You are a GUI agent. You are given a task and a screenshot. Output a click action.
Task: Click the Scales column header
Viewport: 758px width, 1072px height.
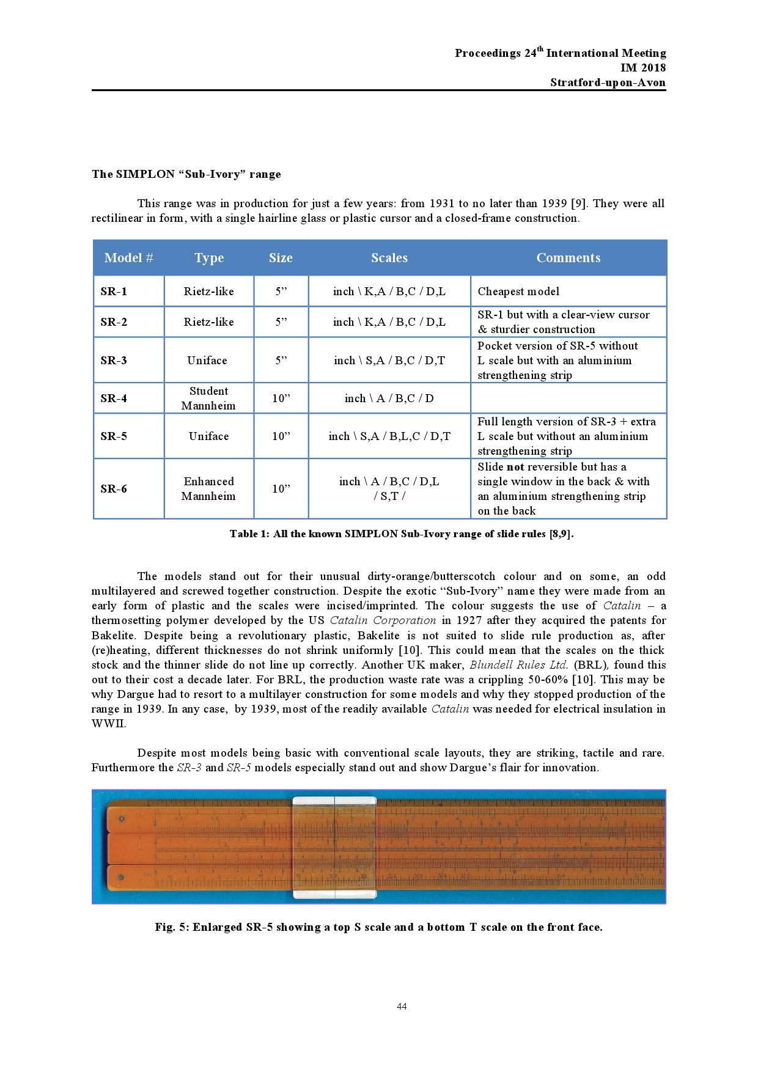(x=389, y=258)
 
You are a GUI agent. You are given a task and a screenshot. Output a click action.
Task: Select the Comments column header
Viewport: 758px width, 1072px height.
(x=568, y=258)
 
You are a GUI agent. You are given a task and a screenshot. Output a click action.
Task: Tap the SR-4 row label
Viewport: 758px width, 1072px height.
(x=114, y=398)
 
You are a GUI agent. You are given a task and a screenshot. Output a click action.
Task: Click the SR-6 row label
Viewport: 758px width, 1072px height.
(x=114, y=489)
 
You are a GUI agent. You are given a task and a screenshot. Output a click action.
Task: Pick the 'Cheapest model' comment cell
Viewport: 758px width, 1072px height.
(x=518, y=292)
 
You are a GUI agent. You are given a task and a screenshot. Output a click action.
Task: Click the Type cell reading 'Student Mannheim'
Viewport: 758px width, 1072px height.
(x=208, y=398)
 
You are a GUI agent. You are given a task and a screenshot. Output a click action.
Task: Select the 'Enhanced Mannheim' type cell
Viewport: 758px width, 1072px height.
(x=208, y=489)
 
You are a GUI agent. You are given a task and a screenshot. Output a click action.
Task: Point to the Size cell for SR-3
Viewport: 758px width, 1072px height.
(x=281, y=361)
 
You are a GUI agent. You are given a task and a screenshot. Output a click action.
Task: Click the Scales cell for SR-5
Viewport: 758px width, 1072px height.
(x=389, y=436)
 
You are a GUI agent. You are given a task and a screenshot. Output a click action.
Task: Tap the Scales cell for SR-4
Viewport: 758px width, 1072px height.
(x=389, y=398)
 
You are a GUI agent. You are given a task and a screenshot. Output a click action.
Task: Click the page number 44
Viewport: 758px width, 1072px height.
(x=402, y=1007)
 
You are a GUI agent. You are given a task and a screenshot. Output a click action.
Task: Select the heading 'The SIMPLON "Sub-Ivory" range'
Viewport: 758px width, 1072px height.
(x=186, y=174)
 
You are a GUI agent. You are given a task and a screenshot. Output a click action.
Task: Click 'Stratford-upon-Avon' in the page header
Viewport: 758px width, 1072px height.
(x=608, y=83)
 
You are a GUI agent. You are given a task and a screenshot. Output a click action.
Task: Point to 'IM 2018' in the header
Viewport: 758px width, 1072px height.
(x=643, y=68)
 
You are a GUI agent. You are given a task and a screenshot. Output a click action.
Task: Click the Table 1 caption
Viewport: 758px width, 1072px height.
(x=402, y=534)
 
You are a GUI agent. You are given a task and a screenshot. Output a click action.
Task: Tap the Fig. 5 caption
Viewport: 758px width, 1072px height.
(x=378, y=927)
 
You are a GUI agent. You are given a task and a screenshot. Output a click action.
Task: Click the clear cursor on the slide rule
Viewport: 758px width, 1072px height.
(x=334, y=847)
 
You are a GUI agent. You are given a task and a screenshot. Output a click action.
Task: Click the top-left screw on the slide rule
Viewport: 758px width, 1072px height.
(x=122, y=819)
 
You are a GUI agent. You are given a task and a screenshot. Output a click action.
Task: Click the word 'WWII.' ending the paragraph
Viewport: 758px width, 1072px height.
(x=109, y=724)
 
